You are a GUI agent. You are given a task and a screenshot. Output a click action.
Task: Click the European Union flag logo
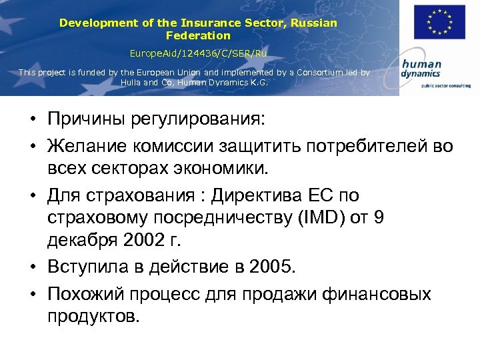(x=439, y=23)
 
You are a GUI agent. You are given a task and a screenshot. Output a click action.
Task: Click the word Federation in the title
(x=198, y=35)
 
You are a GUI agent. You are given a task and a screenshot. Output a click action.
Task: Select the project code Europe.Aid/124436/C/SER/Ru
(x=198, y=53)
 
